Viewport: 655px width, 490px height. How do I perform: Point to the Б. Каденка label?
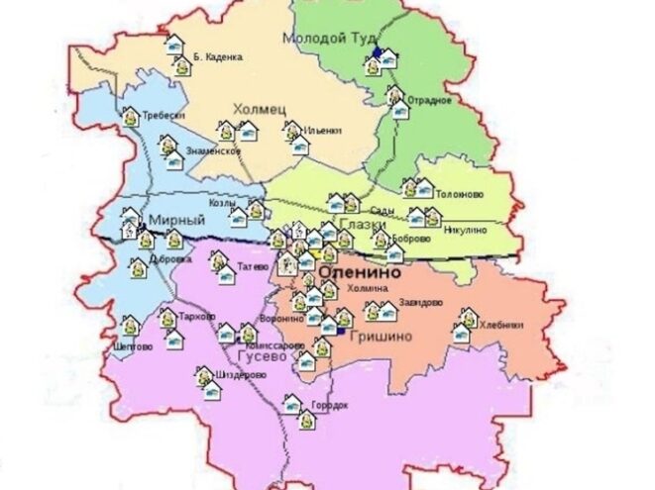coord(218,56)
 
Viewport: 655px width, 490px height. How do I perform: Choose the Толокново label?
coord(460,194)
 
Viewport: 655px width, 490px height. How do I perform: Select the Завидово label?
coord(421,304)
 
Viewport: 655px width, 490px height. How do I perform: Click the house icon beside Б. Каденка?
coord(176,46)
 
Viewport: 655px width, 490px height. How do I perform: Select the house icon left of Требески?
coord(130,116)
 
